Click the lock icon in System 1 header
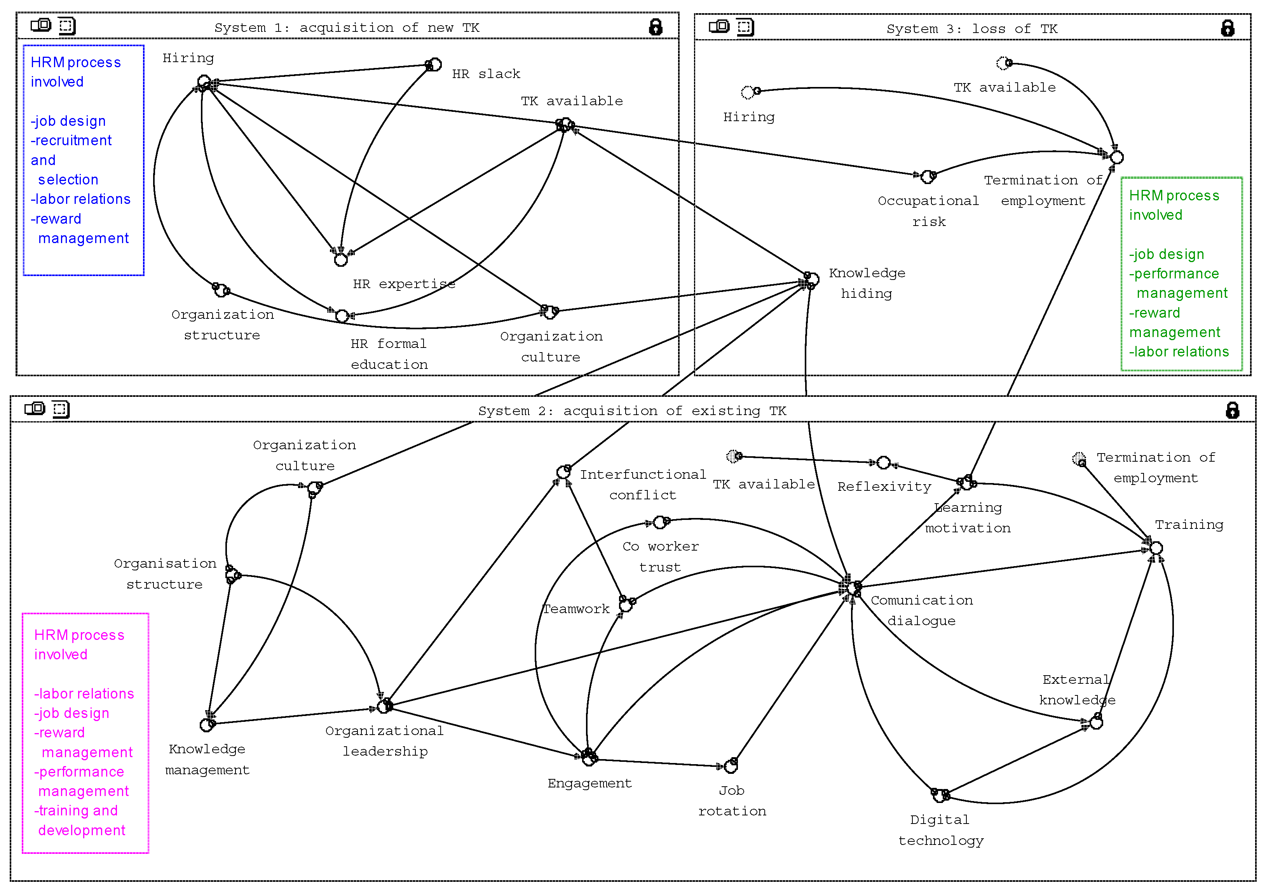[x=655, y=27]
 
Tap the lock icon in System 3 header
[x=1228, y=28]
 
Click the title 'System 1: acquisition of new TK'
[x=347, y=28]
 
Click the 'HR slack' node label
[x=486, y=74]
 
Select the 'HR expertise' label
[x=404, y=284]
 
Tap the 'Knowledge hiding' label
[x=867, y=283]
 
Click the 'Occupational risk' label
[x=929, y=211]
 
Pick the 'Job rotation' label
[x=732, y=801]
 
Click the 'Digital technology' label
[x=941, y=830]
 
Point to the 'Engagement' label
[x=589, y=783]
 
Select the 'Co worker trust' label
[x=661, y=557]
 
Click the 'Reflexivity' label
[x=884, y=487]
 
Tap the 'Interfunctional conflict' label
[x=643, y=485]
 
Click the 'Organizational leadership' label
[x=384, y=741]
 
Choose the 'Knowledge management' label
[x=208, y=759]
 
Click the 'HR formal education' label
[x=389, y=354]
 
